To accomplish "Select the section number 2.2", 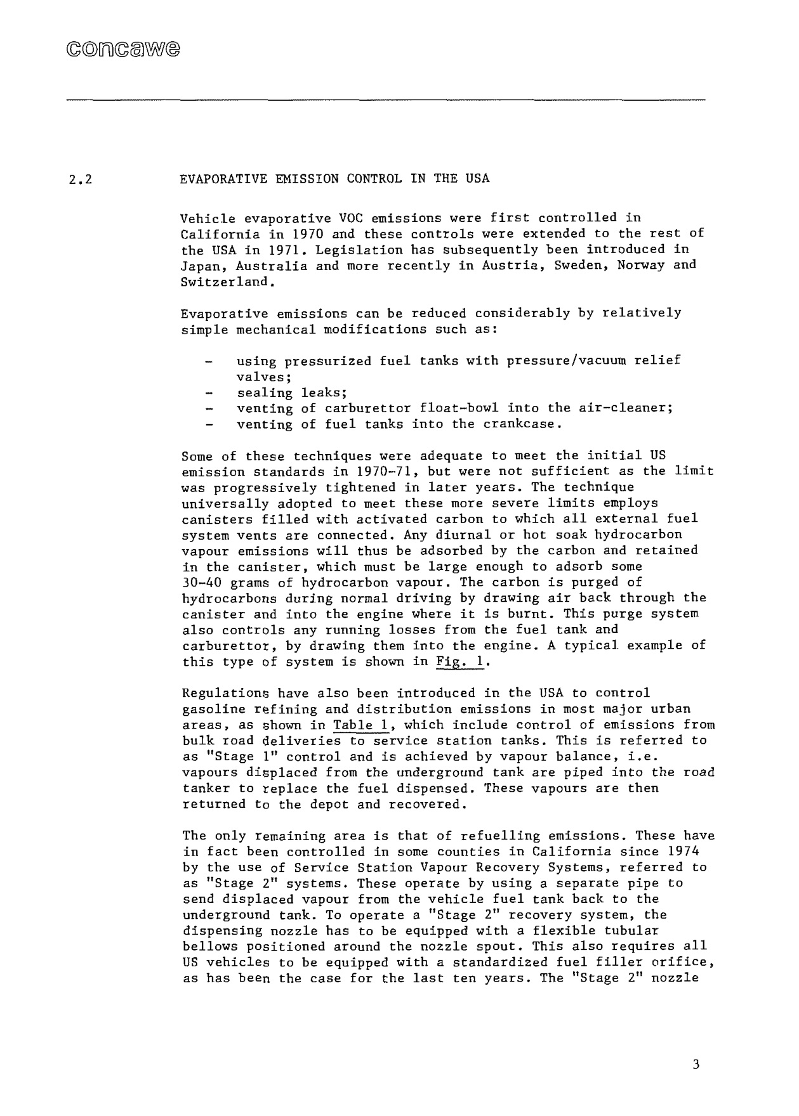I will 81,179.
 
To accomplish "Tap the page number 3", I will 696,1064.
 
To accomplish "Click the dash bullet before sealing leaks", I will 209,393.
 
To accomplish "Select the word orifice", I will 688,963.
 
